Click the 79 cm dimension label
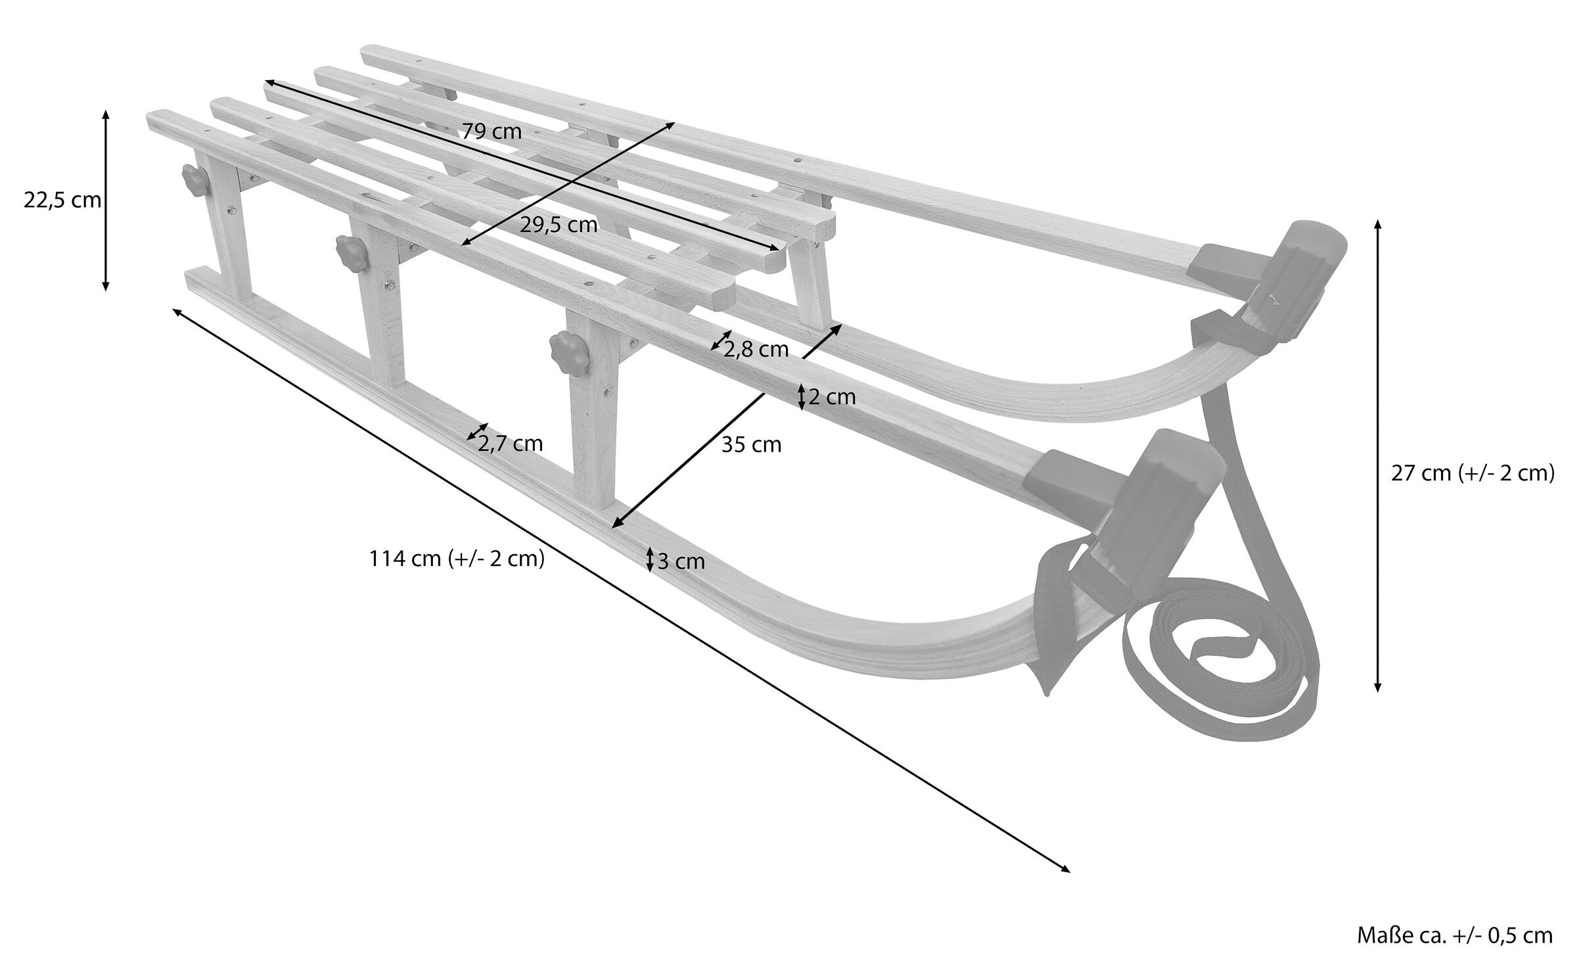click(491, 131)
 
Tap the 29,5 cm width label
click(559, 225)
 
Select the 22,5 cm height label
click(62, 200)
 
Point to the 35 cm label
click(751, 445)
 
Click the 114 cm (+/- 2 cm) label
click(457, 559)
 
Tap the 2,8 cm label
click(756, 350)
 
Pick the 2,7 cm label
click(511, 444)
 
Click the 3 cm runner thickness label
click(681, 561)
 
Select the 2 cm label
click(832, 397)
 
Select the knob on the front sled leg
click(566, 346)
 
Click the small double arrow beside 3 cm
click(650, 559)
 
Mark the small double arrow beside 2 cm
click(801, 397)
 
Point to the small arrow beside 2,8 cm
click(721, 340)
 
